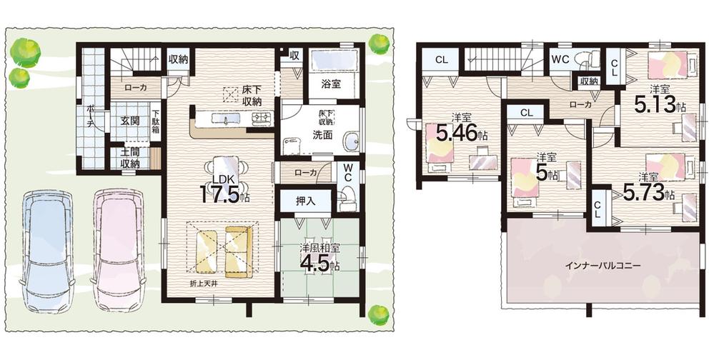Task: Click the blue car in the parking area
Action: [x=47, y=250]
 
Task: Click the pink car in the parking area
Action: [x=118, y=249]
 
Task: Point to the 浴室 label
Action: [x=331, y=84]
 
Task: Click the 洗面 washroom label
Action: [x=322, y=135]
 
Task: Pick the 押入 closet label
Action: [x=305, y=201]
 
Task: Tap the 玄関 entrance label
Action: [x=129, y=121]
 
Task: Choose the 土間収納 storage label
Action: [x=130, y=157]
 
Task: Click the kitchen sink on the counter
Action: [x=227, y=119]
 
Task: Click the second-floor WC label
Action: [x=560, y=59]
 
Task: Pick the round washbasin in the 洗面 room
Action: [x=352, y=142]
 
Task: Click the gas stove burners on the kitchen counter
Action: [x=262, y=119]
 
